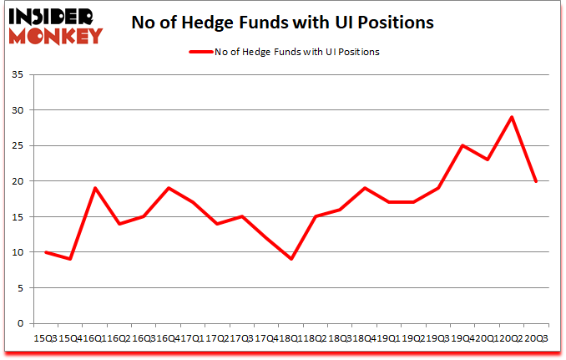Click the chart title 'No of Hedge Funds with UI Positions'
[283, 23]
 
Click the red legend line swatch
[200, 52]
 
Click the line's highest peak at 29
[511, 117]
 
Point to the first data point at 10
[45, 252]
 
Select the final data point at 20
[535, 181]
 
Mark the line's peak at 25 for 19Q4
[462, 145]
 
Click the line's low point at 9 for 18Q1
[291, 259]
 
